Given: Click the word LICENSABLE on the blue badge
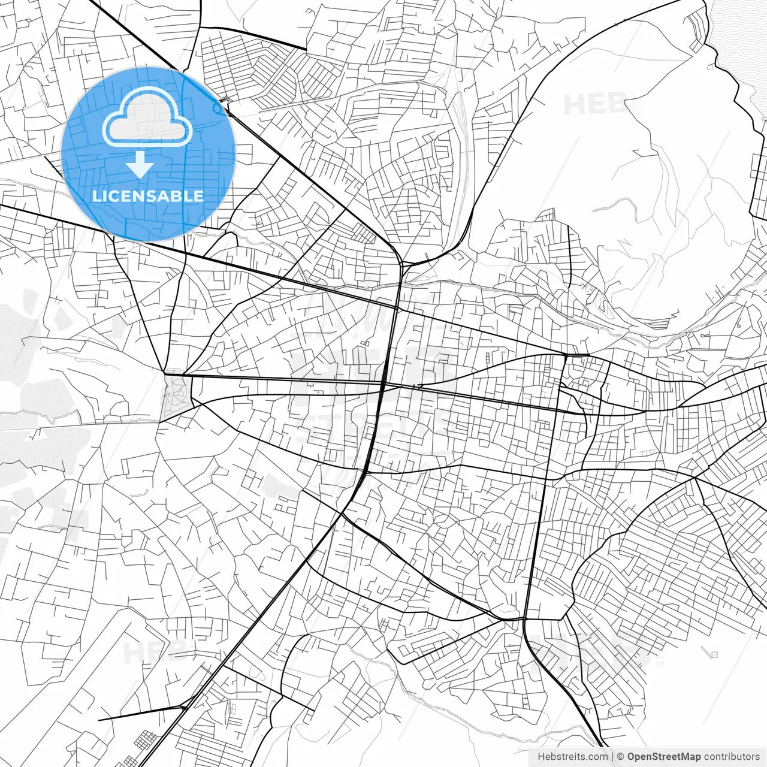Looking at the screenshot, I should coord(148,196).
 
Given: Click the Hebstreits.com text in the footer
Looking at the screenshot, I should coord(572,757).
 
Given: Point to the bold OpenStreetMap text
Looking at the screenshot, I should coord(663,757).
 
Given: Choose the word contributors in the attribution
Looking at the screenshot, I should coord(732,757).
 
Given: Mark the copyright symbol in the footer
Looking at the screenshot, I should coord(620,757).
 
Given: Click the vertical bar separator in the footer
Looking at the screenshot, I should coord(612,757).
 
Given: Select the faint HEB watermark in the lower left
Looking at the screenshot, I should coord(150,652).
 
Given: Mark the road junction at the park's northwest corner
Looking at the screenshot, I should coord(165,373).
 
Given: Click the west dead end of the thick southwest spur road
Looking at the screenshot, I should coord(99,718).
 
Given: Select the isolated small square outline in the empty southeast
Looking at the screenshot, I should coord(713,654).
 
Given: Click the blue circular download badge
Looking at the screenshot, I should coord(149,154).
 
